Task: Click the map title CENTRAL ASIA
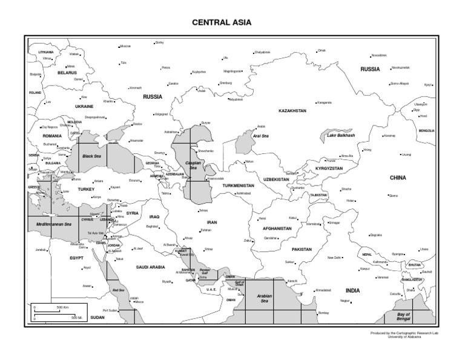[221, 22]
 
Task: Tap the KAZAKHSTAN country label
[292, 111]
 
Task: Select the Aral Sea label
[260, 136]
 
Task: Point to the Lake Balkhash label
[340, 135]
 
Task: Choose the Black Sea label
[91, 156]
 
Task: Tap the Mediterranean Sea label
[54, 225]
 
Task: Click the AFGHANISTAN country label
[278, 229]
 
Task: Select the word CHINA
[397, 178]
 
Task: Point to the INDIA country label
[352, 290]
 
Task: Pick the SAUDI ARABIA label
[150, 266]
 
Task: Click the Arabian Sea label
[266, 298]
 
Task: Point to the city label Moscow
[125, 46]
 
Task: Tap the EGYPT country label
[76, 258]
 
